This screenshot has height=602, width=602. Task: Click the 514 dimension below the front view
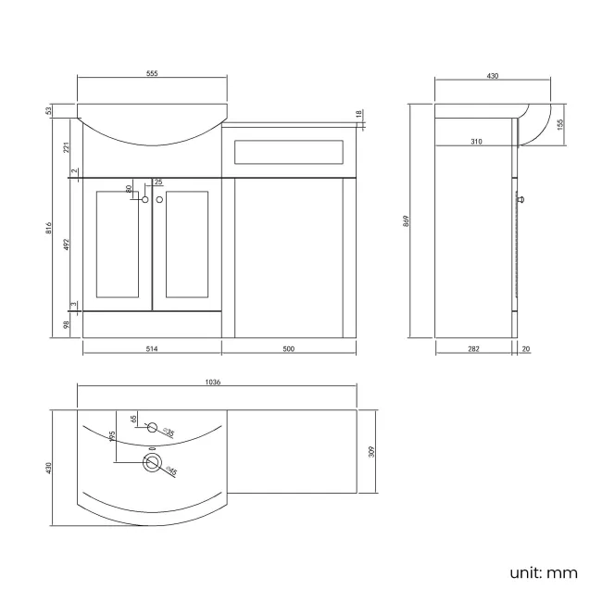tap(152, 349)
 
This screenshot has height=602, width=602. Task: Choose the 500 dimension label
tap(288, 349)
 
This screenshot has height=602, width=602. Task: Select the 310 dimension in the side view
tap(476, 142)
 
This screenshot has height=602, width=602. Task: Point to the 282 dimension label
tap(473, 349)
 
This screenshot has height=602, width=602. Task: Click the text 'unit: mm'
tap(544, 572)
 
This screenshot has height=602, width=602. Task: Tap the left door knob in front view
tap(144, 199)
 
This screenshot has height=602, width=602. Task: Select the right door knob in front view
tap(159, 199)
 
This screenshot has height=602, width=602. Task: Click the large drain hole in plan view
tap(152, 463)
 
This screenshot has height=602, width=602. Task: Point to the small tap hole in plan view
tap(152, 428)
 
